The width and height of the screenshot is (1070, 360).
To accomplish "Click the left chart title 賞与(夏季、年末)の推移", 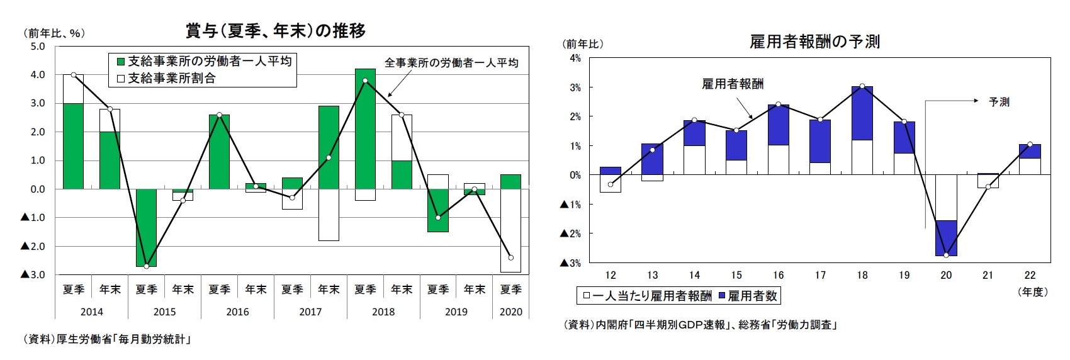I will pyautogui.click(x=275, y=31).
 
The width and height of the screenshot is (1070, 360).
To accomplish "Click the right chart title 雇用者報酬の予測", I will pyautogui.click(x=814, y=42).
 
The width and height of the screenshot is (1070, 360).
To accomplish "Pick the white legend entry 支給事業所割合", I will pyautogui.click(x=166, y=78).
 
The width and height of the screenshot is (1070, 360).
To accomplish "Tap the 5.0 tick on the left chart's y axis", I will pyautogui.click(x=37, y=47).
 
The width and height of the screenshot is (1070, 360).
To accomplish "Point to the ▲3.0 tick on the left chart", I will pyautogui.click(x=33, y=274).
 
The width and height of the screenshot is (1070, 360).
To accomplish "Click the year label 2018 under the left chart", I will pyautogui.click(x=383, y=312).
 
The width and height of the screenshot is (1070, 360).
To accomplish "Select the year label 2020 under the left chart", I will pyautogui.click(x=510, y=312).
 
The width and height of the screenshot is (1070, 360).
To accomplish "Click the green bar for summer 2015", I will pyautogui.click(x=147, y=227).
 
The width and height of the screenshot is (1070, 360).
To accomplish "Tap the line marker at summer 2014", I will pyautogui.click(x=74, y=75).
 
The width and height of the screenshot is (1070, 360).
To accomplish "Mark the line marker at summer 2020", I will pyautogui.click(x=510, y=257).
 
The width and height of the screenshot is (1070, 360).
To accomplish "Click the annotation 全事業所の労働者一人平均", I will pyautogui.click(x=451, y=63).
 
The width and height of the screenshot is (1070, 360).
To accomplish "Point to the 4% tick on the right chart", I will pyautogui.click(x=575, y=58).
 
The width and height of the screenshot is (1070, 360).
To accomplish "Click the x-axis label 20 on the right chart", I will pyautogui.click(x=945, y=275).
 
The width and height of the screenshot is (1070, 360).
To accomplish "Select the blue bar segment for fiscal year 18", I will pyautogui.click(x=862, y=113).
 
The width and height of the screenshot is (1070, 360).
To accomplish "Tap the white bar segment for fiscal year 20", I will pyautogui.click(x=945, y=198).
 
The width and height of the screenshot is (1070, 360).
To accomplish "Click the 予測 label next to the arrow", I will pyautogui.click(x=999, y=102).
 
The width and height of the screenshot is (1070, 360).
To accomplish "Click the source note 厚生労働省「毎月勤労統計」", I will pyautogui.click(x=107, y=339).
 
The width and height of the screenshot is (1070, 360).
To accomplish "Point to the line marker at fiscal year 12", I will pyautogui.click(x=610, y=184).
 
